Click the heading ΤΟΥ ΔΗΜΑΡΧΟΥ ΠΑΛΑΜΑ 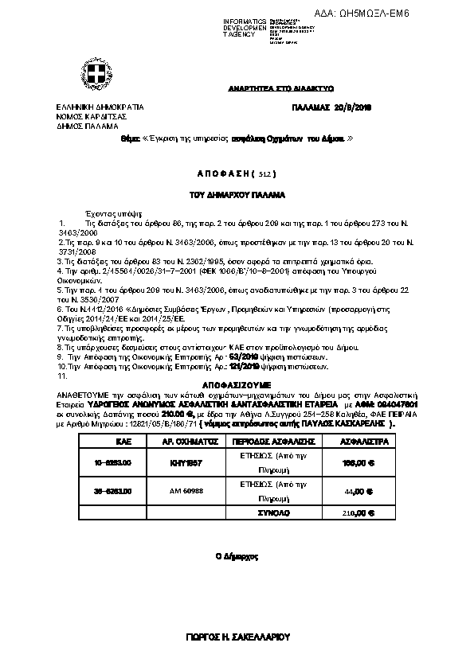pos(237,194)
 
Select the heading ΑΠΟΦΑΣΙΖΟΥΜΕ pos(236,384)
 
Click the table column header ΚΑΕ pos(101,440)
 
